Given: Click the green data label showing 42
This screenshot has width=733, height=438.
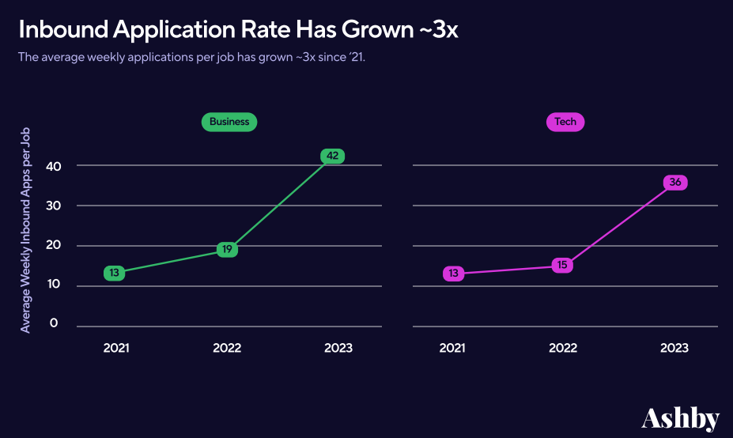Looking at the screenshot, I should [332, 156].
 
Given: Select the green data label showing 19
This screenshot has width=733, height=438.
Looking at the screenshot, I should [227, 250].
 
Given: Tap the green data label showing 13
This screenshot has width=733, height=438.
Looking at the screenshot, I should [115, 274].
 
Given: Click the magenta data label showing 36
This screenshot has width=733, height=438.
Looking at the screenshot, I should [674, 183].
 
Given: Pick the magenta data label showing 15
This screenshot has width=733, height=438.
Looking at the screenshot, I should [562, 265].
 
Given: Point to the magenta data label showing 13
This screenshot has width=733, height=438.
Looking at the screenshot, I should [453, 274].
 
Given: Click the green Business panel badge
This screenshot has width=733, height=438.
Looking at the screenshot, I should [229, 122].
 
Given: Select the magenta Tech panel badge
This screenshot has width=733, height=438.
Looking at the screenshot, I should [565, 122].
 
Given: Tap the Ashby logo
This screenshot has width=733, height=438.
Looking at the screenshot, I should [680, 417].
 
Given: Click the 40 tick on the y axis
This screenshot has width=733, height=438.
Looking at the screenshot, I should [54, 166].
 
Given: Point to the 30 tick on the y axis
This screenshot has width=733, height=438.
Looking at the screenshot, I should [54, 206].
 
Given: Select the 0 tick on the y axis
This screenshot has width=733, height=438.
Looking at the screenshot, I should [54, 323].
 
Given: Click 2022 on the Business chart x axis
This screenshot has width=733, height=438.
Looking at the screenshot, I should [227, 348].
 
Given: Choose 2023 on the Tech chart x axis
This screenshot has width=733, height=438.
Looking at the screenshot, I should [674, 348].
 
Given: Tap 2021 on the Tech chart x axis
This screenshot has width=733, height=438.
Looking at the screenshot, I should [452, 348].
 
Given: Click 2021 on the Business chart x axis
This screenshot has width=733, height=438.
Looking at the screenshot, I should [116, 348].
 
